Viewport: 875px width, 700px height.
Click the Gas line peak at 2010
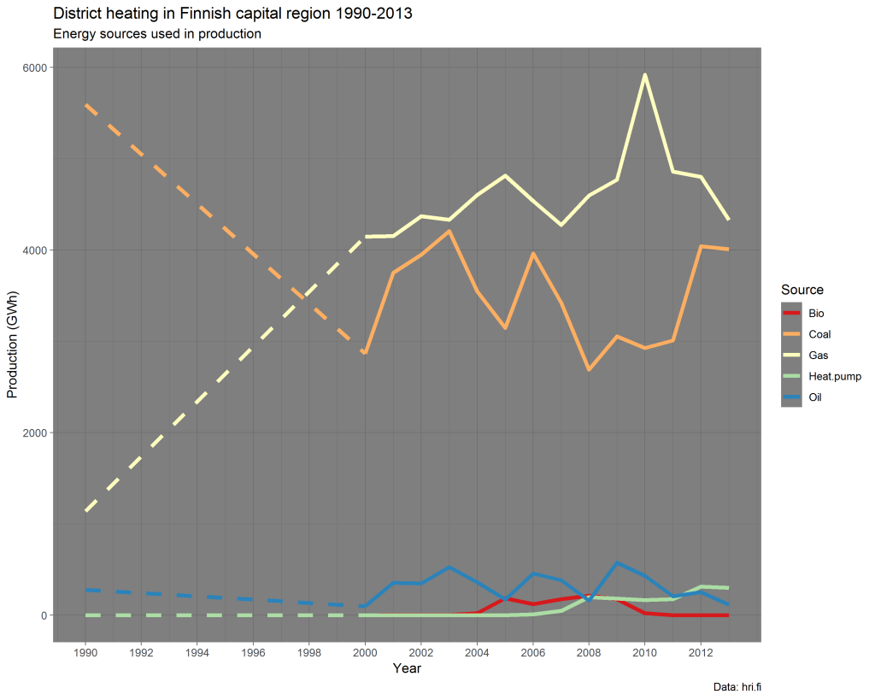[644, 75]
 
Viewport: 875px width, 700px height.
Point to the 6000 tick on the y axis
[37, 68]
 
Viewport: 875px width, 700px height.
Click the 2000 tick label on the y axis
[37, 432]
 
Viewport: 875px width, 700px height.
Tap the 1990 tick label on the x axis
[85, 652]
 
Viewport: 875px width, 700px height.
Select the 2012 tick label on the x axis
[701, 652]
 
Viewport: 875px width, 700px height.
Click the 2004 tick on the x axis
[477, 652]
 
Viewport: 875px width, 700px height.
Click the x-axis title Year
[407, 668]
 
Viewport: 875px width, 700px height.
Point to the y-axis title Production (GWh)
[12, 342]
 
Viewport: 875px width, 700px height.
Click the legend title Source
[802, 290]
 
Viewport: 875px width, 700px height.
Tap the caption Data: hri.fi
[736, 686]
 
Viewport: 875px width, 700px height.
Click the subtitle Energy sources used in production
[156, 34]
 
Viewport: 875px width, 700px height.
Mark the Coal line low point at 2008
[589, 369]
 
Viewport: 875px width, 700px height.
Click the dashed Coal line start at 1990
[85, 104]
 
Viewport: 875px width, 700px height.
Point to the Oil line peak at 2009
[616, 563]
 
